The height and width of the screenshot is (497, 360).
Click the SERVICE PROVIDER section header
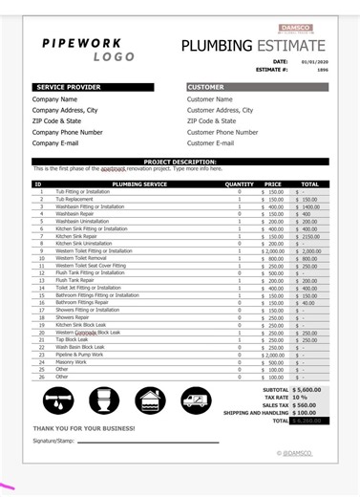(69, 87)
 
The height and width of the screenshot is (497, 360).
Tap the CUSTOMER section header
(206, 87)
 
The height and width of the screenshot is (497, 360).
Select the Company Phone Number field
(68, 132)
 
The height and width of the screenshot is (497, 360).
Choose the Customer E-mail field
(210, 143)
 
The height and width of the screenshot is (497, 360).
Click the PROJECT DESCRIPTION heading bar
(180, 162)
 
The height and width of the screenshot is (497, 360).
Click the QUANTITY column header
(239, 184)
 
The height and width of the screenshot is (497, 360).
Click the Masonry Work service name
(72, 362)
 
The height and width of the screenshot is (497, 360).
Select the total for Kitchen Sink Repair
(309, 236)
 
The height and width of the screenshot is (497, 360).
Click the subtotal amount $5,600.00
(307, 390)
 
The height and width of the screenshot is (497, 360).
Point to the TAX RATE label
(275, 398)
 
